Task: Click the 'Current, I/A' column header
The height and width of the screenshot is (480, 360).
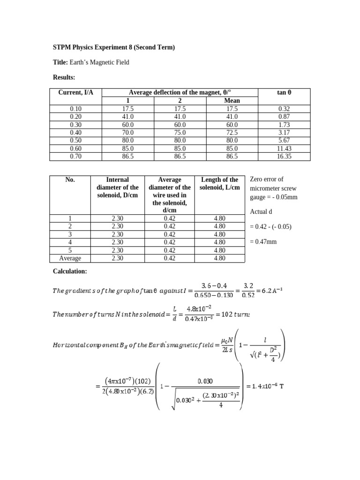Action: (75, 93)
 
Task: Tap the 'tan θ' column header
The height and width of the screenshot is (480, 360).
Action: (284, 93)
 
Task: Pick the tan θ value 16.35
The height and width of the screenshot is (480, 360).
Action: (284, 157)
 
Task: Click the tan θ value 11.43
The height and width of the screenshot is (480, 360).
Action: (284, 149)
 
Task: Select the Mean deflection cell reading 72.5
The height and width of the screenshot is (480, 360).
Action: (232, 133)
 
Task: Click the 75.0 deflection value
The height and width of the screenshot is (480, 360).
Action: (180, 133)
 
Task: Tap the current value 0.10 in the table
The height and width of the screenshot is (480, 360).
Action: (75, 108)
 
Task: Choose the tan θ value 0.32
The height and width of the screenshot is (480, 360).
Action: (284, 108)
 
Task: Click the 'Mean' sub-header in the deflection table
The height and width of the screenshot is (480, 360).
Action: (232, 100)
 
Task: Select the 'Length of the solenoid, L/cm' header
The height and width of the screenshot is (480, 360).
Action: (219, 183)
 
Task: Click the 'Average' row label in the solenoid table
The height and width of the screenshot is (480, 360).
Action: (70, 258)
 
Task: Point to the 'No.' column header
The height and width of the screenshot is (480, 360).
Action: (70, 180)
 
